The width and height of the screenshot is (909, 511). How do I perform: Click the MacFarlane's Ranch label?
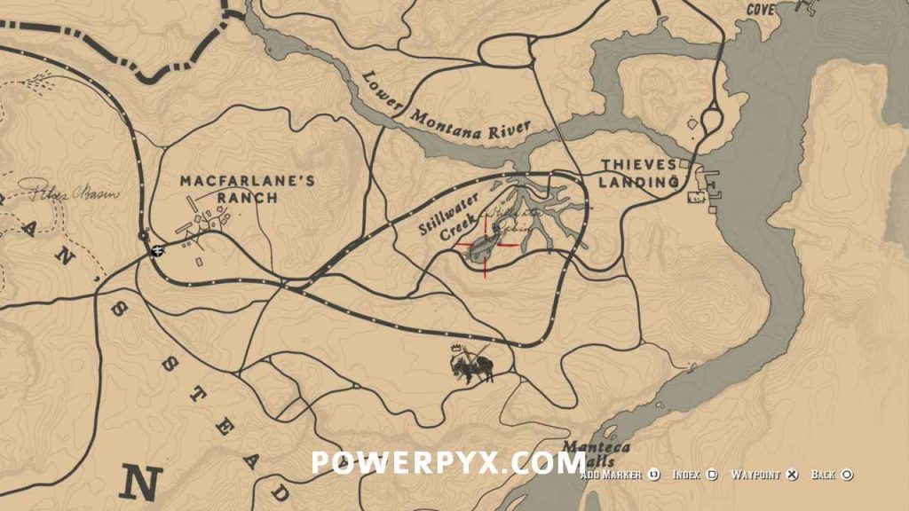tap(248, 189)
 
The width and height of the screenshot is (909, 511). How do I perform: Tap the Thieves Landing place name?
tap(639, 173)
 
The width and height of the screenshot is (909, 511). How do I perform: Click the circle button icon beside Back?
tap(847, 476)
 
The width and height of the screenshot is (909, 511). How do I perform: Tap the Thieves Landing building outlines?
tap(709, 185)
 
